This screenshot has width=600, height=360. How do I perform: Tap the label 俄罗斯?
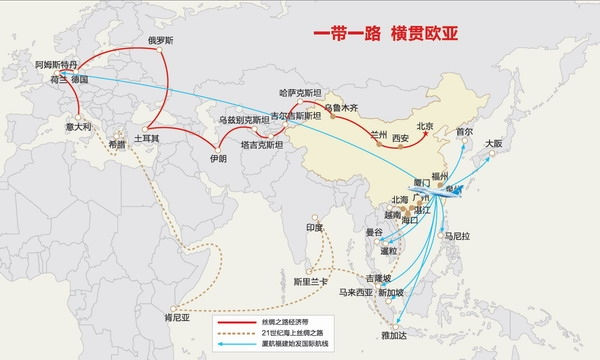(x=161, y=41)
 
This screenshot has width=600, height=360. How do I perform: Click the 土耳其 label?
(x=146, y=137)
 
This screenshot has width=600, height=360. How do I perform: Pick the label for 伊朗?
(x=217, y=158)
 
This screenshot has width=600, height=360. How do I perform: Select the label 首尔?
(x=463, y=131)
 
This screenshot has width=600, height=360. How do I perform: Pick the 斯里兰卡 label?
(x=309, y=283)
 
